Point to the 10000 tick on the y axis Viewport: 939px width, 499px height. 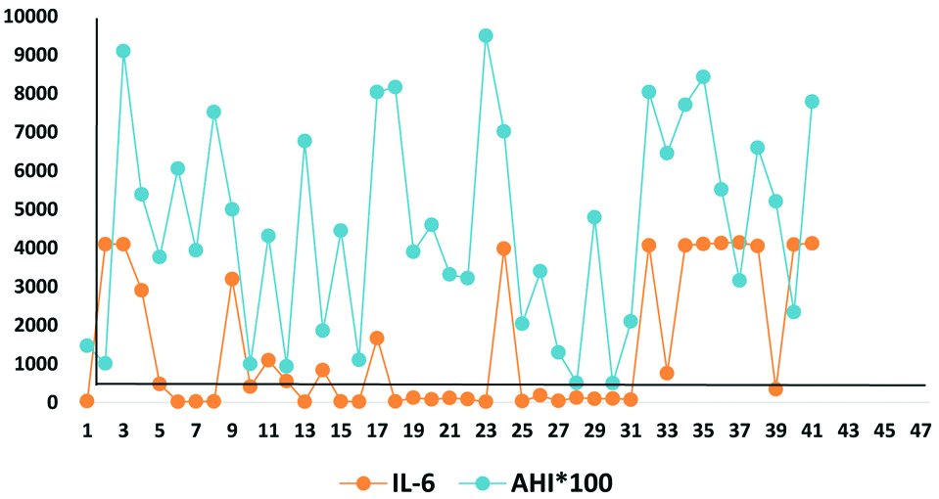click(x=32, y=17)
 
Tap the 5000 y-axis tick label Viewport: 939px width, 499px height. click(x=37, y=209)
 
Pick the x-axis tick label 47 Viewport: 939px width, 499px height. click(x=920, y=431)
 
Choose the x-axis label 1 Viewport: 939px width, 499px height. click(x=87, y=431)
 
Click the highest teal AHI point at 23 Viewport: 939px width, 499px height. click(x=486, y=35)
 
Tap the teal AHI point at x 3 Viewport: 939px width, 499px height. click(x=123, y=51)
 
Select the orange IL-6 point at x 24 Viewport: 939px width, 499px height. click(x=504, y=249)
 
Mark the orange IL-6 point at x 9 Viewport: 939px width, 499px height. click(x=232, y=279)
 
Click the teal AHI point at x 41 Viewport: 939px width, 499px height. click(x=812, y=102)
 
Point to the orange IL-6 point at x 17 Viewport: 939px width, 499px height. click(x=377, y=338)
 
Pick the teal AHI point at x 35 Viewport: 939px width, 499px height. click(x=703, y=76)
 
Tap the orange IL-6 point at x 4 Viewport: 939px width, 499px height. click(x=142, y=290)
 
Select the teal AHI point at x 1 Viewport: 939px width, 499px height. click(x=87, y=345)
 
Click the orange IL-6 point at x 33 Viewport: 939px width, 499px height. click(x=667, y=373)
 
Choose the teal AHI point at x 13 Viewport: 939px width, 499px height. click(x=305, y=141)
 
